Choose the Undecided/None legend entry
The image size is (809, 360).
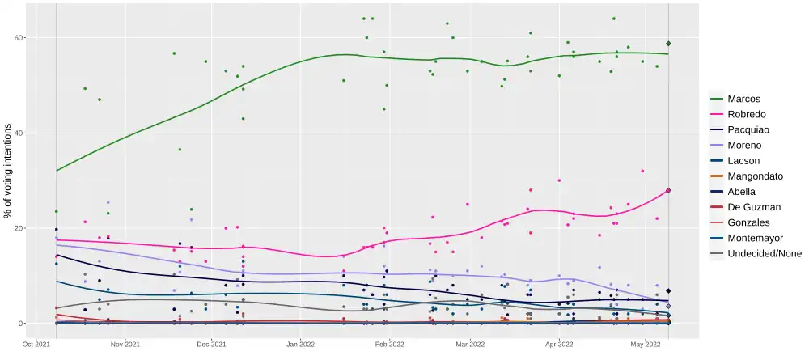coord(765,253)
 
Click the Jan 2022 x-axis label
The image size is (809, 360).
coord(300,344)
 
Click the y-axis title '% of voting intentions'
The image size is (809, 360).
coord(8,171)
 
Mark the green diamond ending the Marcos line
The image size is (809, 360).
coord(669,44)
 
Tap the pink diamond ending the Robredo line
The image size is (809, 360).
coord(669,191)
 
